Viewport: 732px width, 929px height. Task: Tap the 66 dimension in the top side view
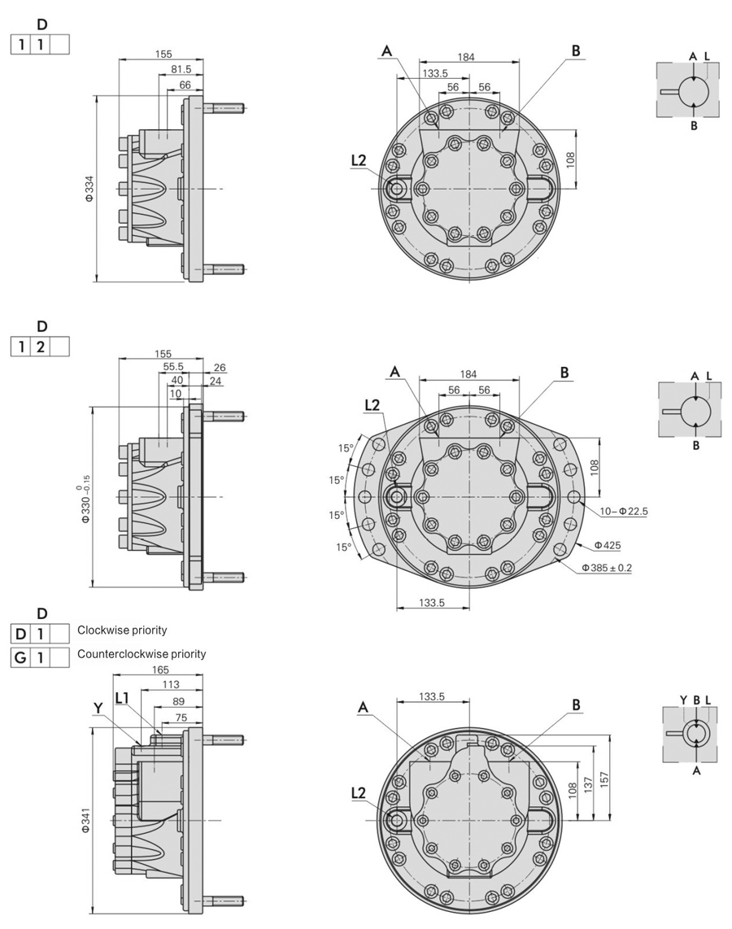185,85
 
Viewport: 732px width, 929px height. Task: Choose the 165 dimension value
160,669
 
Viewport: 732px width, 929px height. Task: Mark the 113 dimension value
172,685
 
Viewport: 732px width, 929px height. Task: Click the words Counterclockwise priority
142,654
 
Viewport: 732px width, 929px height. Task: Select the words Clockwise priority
122,630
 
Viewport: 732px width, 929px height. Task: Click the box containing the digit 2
40,348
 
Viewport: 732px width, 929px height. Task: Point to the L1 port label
122,698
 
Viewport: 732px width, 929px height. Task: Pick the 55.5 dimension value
173,367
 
